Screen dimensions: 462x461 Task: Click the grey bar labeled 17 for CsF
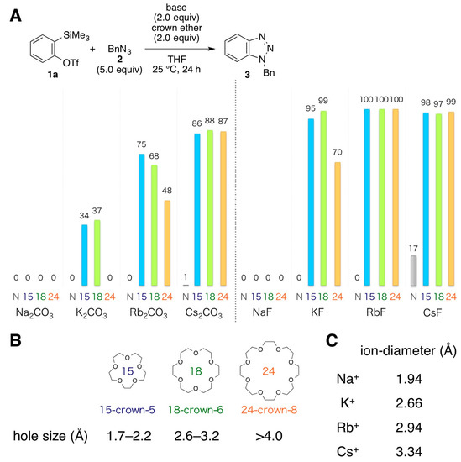[x=413, y=270]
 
